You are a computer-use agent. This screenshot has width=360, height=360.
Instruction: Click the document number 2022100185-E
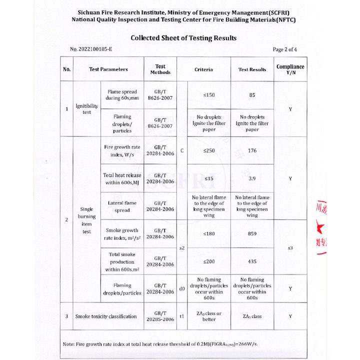pos(90,49)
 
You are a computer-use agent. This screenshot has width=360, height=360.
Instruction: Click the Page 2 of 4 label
pos(285,49)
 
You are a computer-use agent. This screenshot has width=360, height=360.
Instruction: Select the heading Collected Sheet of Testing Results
pos(183,38)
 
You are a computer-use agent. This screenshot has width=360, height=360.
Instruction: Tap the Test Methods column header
pos(160,69)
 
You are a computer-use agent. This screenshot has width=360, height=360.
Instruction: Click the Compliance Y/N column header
pos(290,69)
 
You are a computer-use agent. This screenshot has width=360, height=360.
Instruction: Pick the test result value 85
pos(252,94)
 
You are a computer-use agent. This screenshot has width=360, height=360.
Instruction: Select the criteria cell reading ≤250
pos(208,150)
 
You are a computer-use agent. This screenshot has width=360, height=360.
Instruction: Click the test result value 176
pos(252,150)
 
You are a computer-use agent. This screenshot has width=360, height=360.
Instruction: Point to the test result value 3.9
pos(252,178)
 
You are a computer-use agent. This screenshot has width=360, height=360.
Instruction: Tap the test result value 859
pos(252,233)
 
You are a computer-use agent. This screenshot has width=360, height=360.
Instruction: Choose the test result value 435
pos(252,261)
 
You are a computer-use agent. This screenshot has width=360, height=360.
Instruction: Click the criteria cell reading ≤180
pos(208,233)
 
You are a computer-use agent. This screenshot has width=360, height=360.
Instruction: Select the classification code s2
pos(182,248)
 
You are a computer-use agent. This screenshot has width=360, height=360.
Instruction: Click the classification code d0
pos(182,288)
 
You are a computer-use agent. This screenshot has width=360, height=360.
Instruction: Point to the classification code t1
pos(182,316)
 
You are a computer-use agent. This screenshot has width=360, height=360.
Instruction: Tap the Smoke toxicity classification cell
pos(105,316)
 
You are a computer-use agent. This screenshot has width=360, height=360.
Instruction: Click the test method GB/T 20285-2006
pos(160,316)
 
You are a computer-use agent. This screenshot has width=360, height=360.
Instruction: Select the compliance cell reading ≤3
pos(290,248)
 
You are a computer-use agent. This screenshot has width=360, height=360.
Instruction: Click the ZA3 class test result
pos(252,316)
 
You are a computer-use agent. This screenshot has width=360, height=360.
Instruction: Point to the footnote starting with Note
pos(160,344)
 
